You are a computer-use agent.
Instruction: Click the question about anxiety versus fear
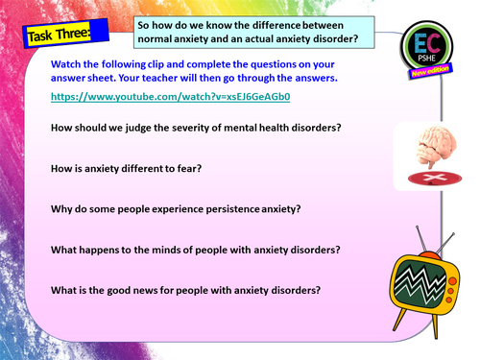click(x=125, y=169)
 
